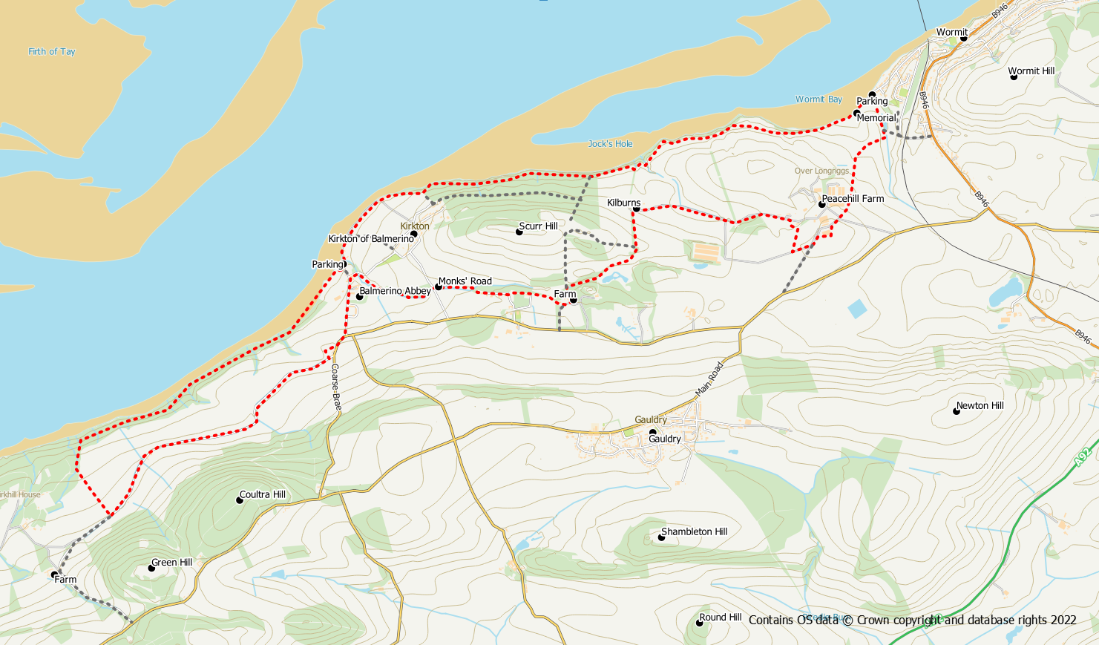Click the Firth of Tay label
click(x=52, y=52)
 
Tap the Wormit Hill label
click(x=1031, y=71)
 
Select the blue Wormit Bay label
click(x=818, y=99)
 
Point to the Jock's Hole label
click(x=610, y=144)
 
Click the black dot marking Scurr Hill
click(x=519, y=232)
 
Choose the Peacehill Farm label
click(x=853, y=199)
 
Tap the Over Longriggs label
click(x=821, y=171)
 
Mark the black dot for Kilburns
click(x=636, y=209)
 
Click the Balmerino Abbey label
click(x=395, y=291)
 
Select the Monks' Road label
click(x=465, y=281)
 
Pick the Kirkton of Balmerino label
click(x=371, y=239)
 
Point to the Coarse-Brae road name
click(x=335, y=387)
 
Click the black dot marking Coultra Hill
click(x=240, y=500)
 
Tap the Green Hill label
click(x=171, y=563)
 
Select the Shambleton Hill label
click(x=694, y=532)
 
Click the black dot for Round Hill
click(x=699, y=623)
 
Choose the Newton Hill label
click(x=980, y=406)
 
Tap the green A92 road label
click(x=1083, y=456)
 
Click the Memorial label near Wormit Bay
click(x=876, y=118)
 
